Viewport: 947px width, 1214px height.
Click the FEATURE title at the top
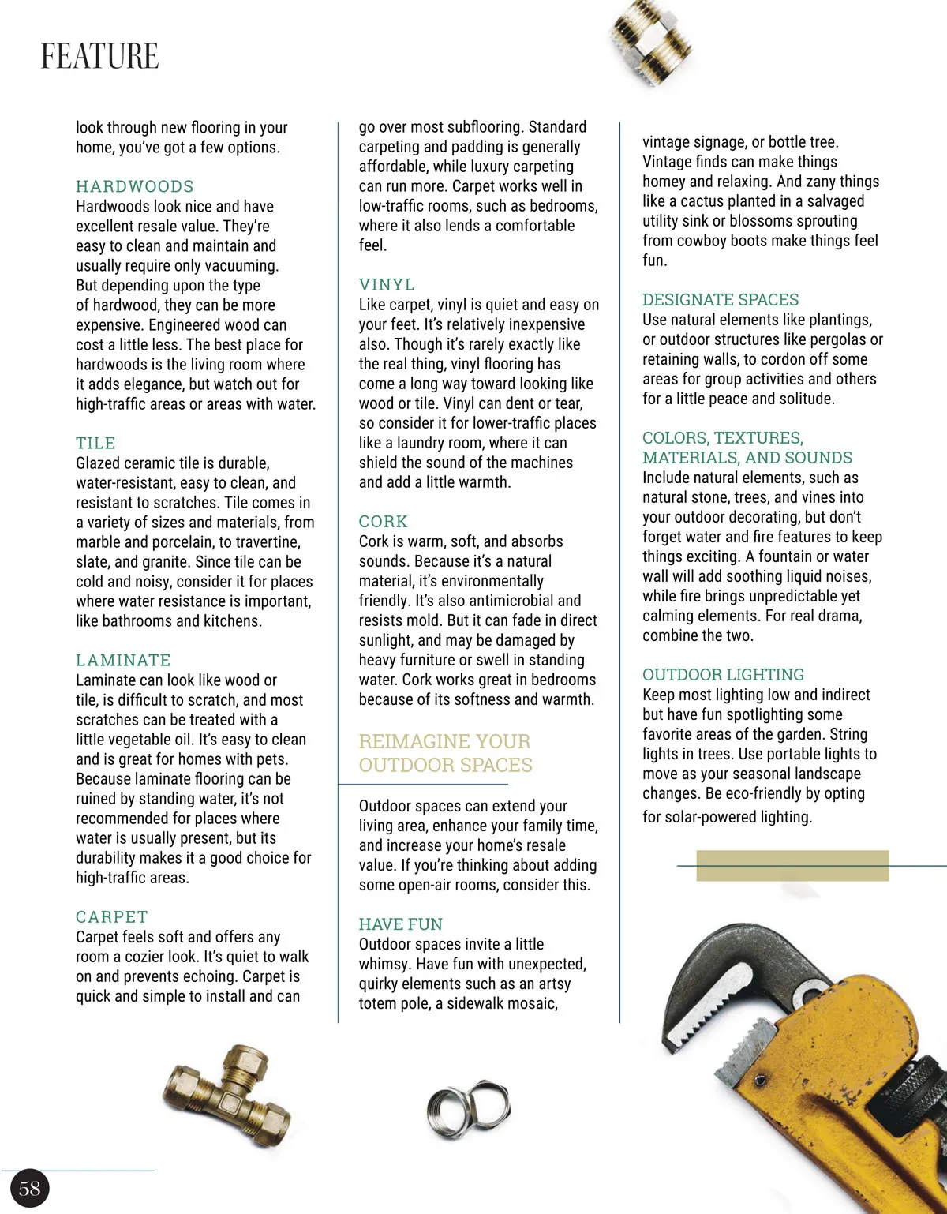[99, 57]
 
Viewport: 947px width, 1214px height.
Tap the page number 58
[30, 1189]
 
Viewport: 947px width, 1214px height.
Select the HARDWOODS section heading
[135, 186]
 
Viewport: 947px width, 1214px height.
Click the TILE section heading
[95, 443]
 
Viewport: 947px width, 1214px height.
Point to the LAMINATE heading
[123, 660]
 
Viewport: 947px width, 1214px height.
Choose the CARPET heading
[111, 916]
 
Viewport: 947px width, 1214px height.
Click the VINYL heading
[387, 284]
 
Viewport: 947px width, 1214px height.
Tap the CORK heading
[384, 522]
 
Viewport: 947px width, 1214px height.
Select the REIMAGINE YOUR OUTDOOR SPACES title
[445, 753]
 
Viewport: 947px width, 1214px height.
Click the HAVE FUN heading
[401, 924]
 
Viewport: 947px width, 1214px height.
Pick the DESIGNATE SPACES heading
[721, 300]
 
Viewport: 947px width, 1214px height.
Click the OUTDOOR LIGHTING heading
[723, 675]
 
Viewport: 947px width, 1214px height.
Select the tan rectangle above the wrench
[792, 865]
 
